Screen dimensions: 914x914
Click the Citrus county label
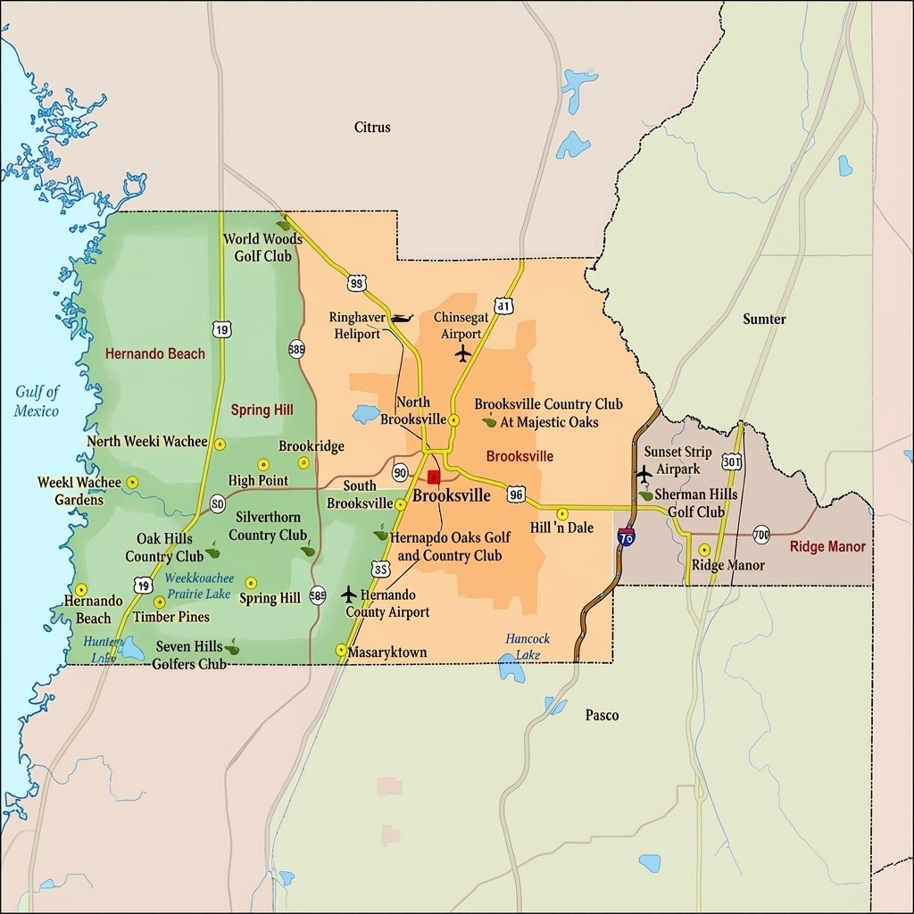pos(372,128)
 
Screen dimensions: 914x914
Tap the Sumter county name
pos(764,320)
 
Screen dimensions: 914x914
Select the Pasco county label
pos(602,715)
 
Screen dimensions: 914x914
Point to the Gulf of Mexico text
pos(37,402)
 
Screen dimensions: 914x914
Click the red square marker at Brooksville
pos(434,477)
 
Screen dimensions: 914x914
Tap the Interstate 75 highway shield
pos(626,536)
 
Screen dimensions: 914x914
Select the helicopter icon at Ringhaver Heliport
pos(401,319)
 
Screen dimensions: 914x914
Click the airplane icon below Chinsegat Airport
pos(462,353)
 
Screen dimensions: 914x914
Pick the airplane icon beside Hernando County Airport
pos(348,594)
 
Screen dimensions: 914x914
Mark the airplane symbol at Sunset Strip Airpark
pos(644,473)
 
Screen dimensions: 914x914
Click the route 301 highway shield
pos(732,461)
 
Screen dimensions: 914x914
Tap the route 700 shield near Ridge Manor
pos(760,535)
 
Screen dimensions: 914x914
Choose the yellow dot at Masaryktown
pos(341,650)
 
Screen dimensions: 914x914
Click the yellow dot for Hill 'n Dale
pos(562,514)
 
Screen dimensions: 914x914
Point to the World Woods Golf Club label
pos(262,247)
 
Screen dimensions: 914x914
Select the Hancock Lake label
pos(528,646)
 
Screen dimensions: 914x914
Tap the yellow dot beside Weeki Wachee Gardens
pos(132,482)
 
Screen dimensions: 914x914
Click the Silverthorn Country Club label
pos(268,526)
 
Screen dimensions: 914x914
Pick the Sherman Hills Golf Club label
pos(695,503)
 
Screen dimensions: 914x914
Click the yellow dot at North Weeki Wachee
pos(220,444)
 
